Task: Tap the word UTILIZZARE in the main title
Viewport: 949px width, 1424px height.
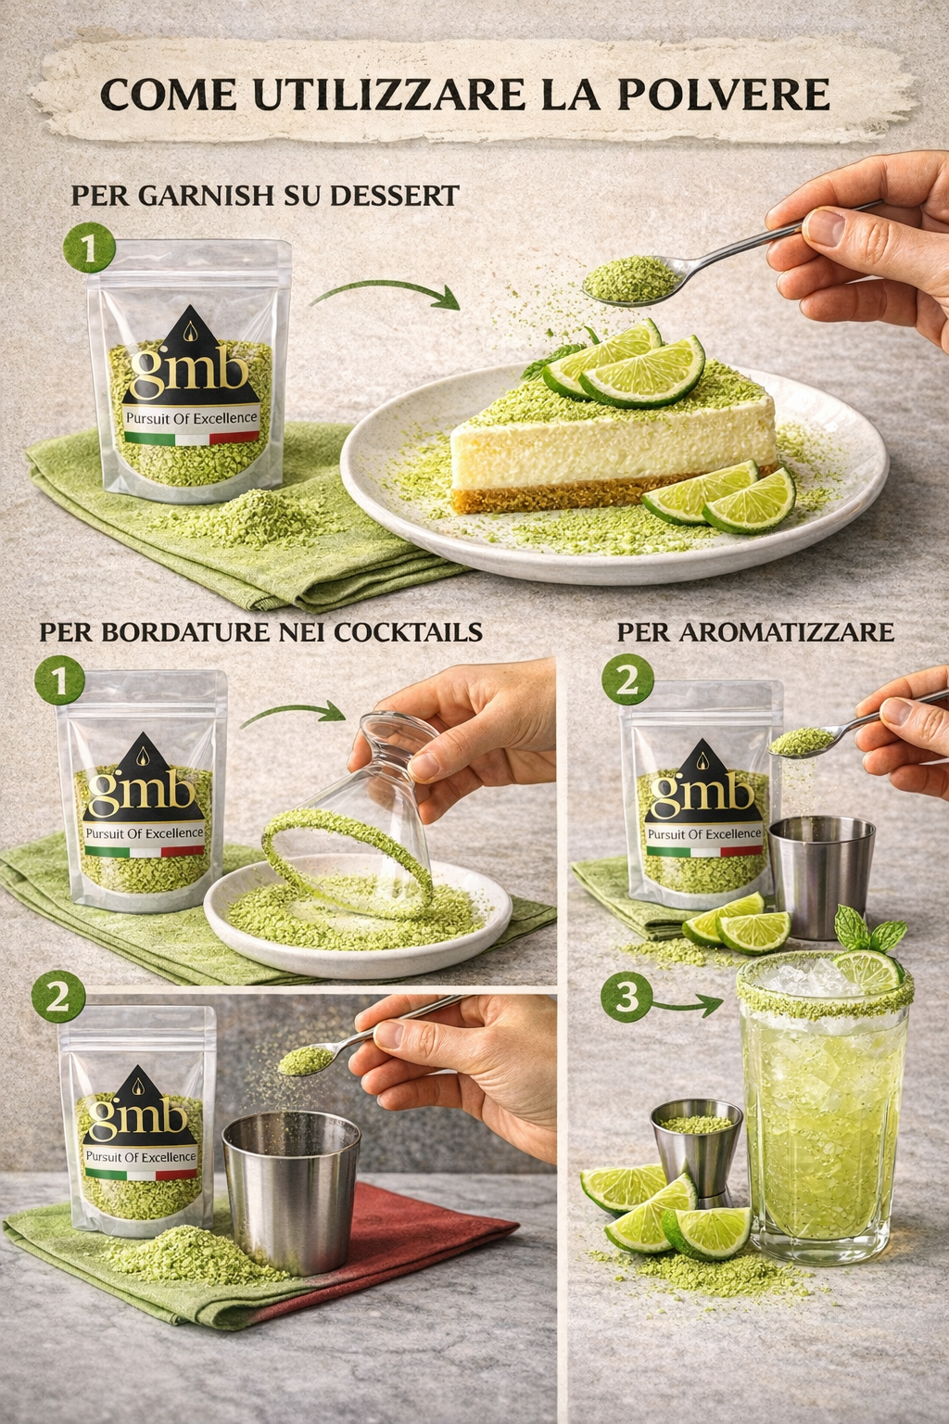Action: coord(389,95)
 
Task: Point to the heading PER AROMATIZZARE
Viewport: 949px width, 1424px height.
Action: coord(755,632)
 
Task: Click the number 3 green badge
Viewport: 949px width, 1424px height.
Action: coord(626,997)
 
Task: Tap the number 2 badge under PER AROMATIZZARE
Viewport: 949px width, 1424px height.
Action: coord(627,680)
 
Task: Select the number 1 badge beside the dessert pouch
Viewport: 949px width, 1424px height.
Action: coord(89,248)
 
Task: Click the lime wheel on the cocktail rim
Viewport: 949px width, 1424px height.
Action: coord(868,970)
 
